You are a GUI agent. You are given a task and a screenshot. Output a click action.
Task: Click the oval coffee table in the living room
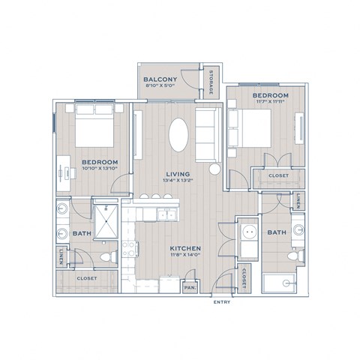178,136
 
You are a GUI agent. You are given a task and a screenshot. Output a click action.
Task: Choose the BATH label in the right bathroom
275,233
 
